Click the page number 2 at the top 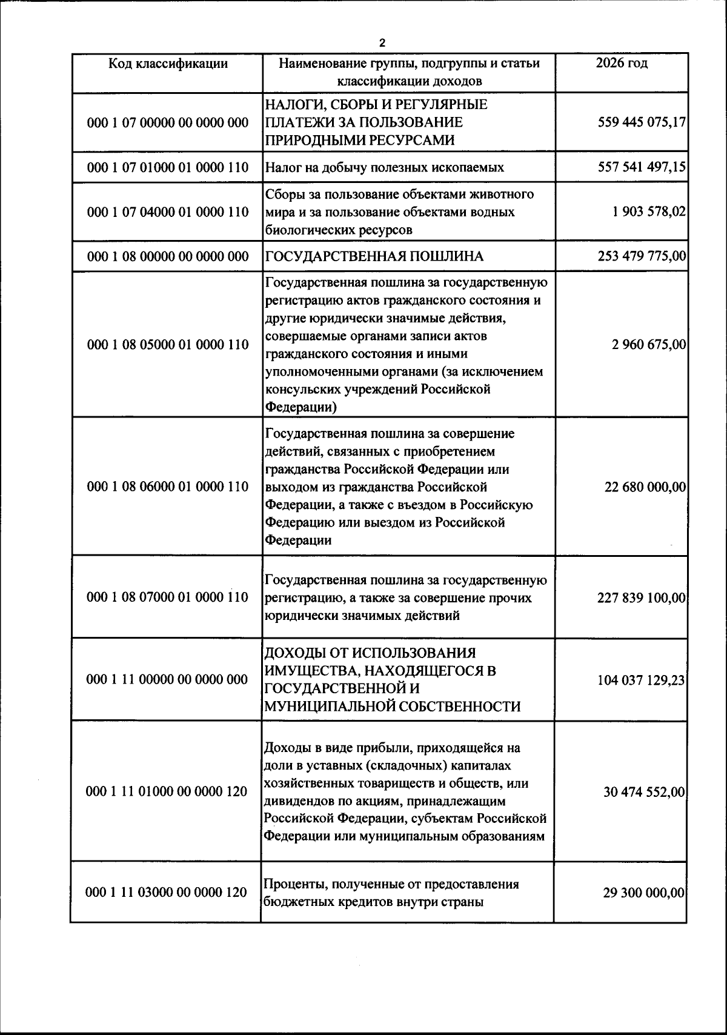(382, 43)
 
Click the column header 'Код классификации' (168, 64)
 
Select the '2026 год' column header (621, 64)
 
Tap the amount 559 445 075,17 (642, 122)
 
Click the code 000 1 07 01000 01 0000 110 (168, 167)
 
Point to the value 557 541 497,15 (642, 167)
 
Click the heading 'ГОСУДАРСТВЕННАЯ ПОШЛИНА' (374, 257)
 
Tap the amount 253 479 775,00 (642, 257)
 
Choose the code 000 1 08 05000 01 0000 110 (168, 345)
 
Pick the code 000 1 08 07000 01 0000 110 (168, 597)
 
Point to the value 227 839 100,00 (642, 597)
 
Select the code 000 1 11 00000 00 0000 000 (168, 680)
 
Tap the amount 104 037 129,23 (642, 680)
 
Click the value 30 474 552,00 (645, 792)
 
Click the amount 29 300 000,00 (645, 893)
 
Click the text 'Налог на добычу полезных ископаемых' (385, 167)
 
